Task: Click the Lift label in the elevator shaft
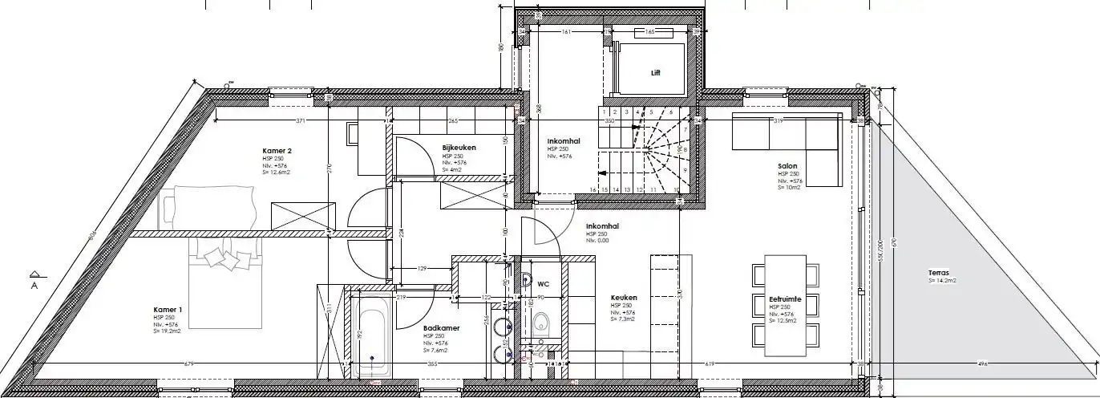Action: pyautogui.click(x=655, y=72)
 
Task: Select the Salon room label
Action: pyautogui.click(x=787, y=167)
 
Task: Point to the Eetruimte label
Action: pyautogui.click(x=785, y=298)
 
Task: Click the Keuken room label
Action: pyautogui.click(x=623, y=297)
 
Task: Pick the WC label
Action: pyautogui.click(x=543, y=283)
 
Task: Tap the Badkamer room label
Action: pyautogui.click(x=440, y=327)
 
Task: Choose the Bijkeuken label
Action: pyautogui.click(x=459, y=148)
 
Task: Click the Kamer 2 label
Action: pyautogui.click(x=277, y=151)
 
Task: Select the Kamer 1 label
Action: pyautogui.click(x=168, y=310)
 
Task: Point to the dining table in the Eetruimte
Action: pyautogui.click(x=786, y=305)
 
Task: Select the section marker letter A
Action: pyautogui.click(x=34, y=285)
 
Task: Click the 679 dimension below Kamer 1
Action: pyautogui.click(x=189, y=365)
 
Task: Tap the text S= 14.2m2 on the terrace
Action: pyautogui.click(x=942, y=281)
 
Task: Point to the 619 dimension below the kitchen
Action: pyautogui.click(x=710, y=365)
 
